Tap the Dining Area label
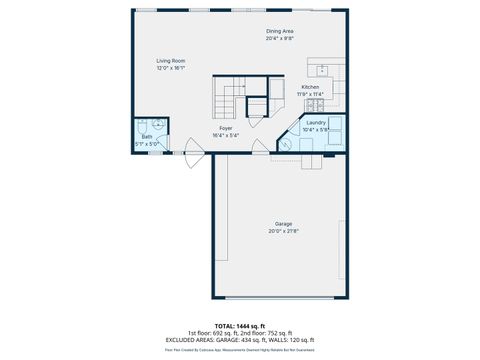coord(280,32)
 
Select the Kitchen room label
coord(311,87)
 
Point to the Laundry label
coord(316,122)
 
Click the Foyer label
coord(226,128)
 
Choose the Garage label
coord(284,223)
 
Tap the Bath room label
coord(146,136)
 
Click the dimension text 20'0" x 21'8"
coord(284,231)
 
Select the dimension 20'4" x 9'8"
coord(280,39)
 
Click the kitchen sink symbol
coord(324,70)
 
